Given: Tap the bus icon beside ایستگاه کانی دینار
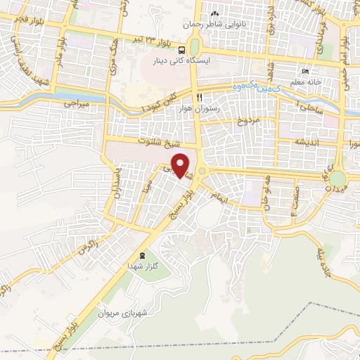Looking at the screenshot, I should tap(182, 50).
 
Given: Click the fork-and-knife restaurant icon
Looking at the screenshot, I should tap(200, 96).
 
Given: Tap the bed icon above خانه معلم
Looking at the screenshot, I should tap(304, 72).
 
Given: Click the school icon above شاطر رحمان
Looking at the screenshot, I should tap(215, 13).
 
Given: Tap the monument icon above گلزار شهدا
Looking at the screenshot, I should tap(143, 255).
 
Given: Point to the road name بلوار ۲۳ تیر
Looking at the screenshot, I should tap(143, 39).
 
